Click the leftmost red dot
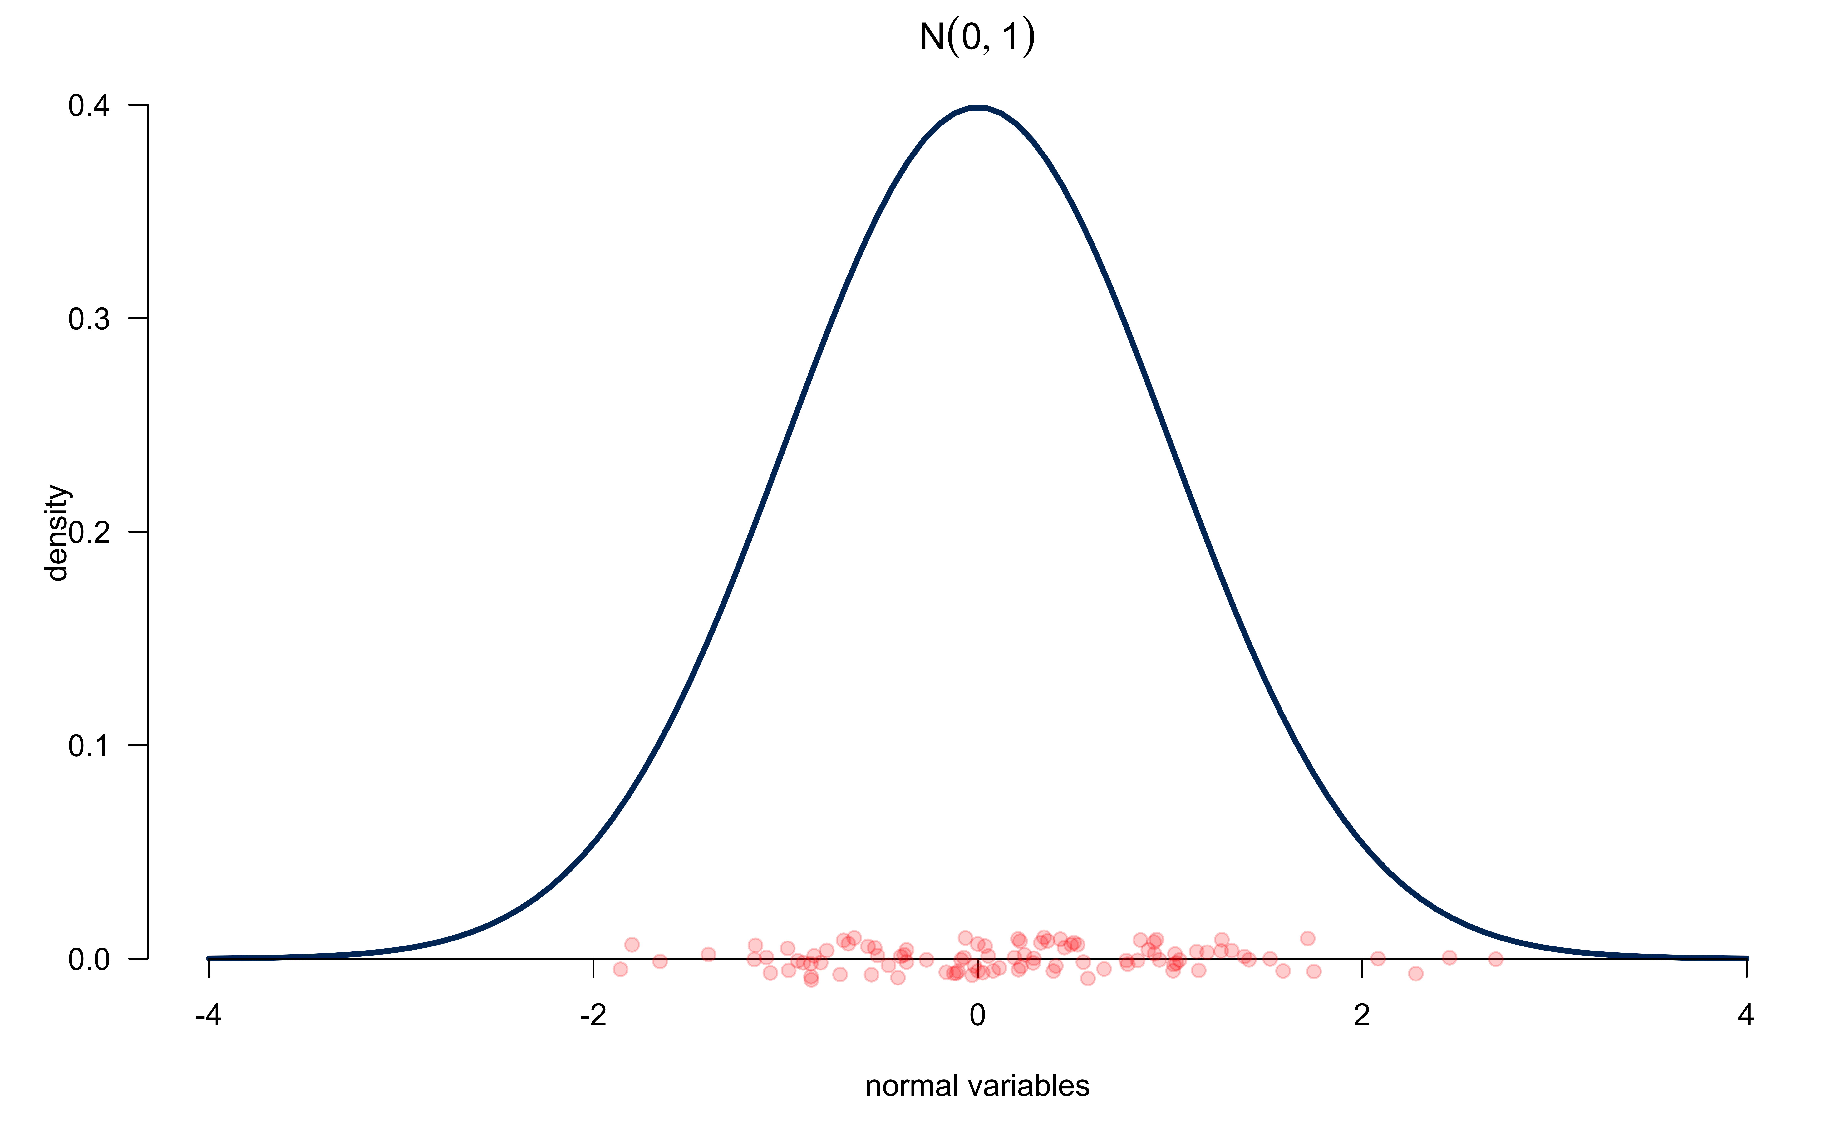(x=621, y=969)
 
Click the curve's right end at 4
(x=1746, y=958)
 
